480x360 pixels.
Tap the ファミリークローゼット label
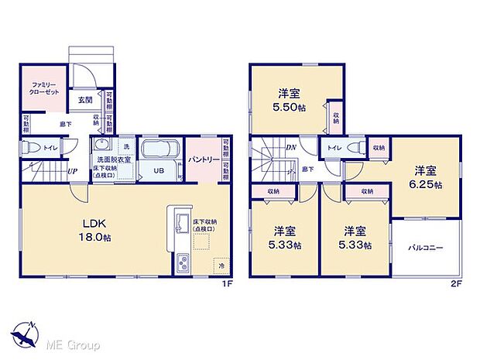39,87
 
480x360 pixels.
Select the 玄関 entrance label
84,100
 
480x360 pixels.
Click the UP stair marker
71,171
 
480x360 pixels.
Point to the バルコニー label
425,248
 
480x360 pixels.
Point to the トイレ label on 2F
334,147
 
